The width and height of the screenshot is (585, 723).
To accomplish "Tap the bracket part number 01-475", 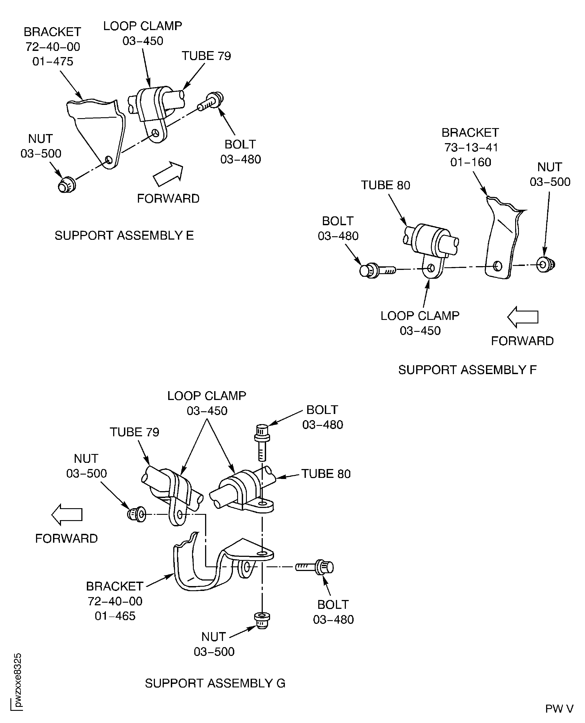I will pyautogui.click(x=53, y=62).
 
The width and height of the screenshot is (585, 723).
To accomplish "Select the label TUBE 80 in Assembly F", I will pyautogui.click(x=385, y=185).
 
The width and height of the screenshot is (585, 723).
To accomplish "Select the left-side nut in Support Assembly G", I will pyautogui.click(x=137, y=515).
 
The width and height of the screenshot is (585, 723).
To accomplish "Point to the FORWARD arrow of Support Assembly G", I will pyautogui.click(x=67, y=515).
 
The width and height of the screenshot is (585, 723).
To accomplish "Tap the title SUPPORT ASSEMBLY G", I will pyautogui.click(x=215, y=683).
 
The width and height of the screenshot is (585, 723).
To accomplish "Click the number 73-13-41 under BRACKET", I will pyautogui.click(x=471, y=147).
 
